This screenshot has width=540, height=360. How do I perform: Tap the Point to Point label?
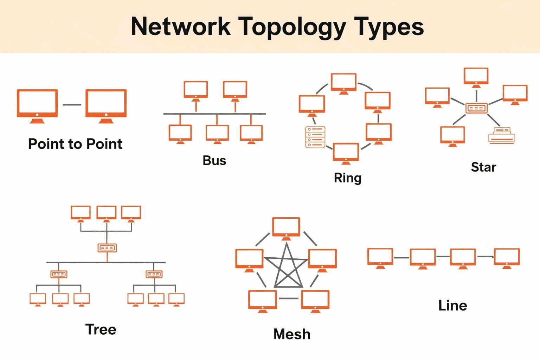[x=75, y=144]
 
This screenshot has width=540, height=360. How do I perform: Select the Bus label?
[x=214, y=161]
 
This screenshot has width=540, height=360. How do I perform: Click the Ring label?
[x=347, y=178]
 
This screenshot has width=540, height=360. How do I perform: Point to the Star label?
[x=483, y=167]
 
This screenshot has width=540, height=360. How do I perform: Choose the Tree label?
[x=101, y=330]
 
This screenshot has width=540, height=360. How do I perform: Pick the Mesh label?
[x=292, y=334]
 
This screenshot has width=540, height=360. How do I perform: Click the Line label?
[x=452, y=306]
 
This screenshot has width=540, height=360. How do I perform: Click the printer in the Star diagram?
[x=502, y=135]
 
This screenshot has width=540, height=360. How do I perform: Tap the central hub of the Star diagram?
[x=476, y=108]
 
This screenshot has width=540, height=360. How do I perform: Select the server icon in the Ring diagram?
[x=315, y=137]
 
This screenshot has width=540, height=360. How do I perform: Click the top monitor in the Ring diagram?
[x=343, y=83]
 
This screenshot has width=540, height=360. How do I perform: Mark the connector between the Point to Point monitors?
[x=72, y=105]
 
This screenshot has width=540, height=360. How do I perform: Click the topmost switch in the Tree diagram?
[x=107, y=248]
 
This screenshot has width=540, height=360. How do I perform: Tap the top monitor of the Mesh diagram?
[x=286, y=227]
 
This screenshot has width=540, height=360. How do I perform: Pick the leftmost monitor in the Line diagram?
[x=380, y=257]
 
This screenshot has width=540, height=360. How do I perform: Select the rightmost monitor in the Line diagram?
[x=507, y=257]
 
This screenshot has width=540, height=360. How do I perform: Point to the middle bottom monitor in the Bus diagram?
[x=217, y=133]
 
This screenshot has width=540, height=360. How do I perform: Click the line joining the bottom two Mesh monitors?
[x=289, y=298]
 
